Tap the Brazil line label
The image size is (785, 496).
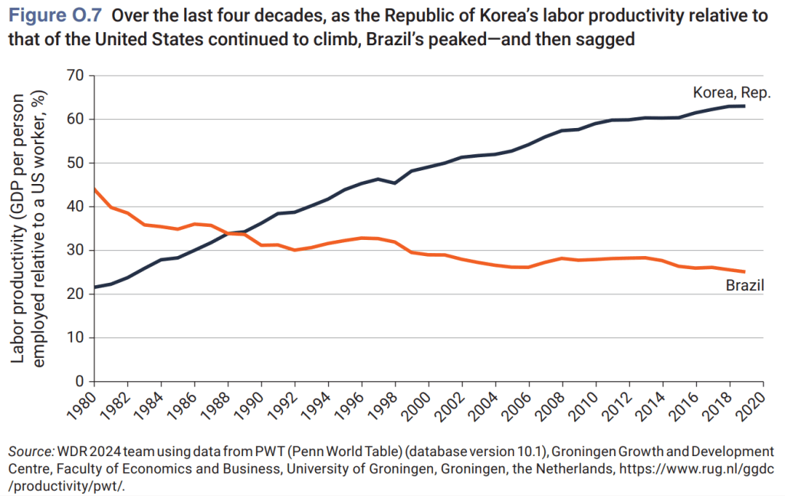tap(746, 286)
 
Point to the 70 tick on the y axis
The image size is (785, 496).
tap(74, 75)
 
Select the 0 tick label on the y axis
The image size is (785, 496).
tap(78, 381)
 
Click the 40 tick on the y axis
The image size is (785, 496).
tap(74, 206)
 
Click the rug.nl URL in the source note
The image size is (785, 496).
tap(690, 467)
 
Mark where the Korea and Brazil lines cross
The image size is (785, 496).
tap(228, 233)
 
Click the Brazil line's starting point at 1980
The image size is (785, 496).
tap(94, 189)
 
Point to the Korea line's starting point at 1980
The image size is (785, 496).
tap(94, 287)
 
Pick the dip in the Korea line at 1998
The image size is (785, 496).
tap(396, 183)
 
